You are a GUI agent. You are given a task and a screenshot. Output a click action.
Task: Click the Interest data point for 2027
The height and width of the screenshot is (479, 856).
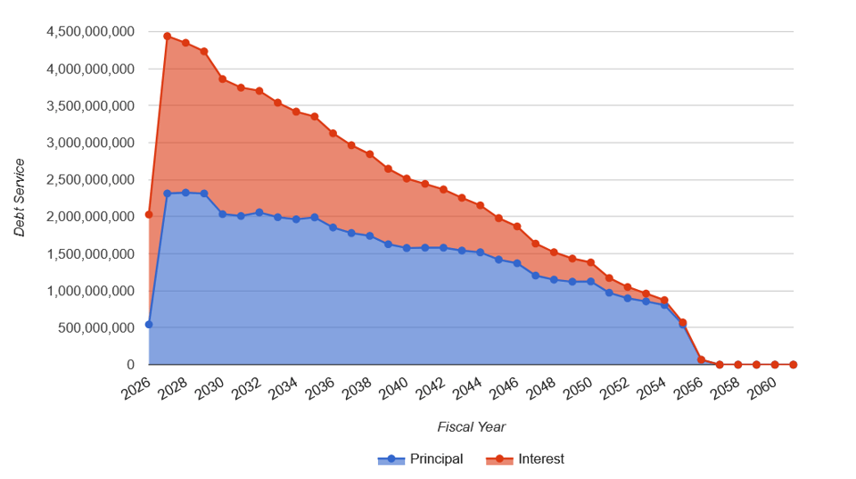[x=167, y=37]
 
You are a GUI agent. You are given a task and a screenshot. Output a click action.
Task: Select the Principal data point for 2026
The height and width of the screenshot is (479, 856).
[x=149, y=325]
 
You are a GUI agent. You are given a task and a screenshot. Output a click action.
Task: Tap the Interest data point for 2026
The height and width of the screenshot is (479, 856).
[x=149, y=214]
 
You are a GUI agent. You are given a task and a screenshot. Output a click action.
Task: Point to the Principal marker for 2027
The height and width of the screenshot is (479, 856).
[x=167, y=194]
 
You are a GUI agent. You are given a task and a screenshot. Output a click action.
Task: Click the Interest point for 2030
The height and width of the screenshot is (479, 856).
[x=222, y=79]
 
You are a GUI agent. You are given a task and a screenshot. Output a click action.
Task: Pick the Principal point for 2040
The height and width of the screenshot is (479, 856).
[x=407, y=248]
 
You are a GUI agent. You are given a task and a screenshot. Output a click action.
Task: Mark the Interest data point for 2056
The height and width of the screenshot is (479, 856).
[x=701, y=359]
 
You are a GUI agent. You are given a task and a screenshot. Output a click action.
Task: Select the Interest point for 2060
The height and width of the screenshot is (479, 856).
[x=775, y=364]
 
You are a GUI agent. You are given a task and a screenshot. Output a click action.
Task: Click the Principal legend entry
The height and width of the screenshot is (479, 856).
[x=421, y=459]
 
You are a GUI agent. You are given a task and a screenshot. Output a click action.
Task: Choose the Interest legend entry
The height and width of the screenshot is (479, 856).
[x=525, y=459]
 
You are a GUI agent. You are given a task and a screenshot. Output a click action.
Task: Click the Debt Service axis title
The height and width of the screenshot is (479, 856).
[x=20, y=197]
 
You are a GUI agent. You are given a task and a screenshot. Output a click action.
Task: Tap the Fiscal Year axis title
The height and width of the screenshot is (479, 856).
[x=471, y=426]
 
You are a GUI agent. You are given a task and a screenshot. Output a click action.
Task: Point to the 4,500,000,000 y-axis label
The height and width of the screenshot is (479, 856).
[x=91, y=32]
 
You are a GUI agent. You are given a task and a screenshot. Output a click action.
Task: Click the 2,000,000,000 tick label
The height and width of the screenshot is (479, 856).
[x=91, y=217]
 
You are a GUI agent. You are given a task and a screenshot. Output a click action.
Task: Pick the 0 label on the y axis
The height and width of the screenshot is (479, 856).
[x=130, y=365]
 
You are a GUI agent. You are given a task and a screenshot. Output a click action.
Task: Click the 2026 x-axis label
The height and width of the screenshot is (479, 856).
[x=135, y=388]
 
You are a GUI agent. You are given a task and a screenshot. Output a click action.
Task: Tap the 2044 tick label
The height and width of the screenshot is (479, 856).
[x=466, y=388]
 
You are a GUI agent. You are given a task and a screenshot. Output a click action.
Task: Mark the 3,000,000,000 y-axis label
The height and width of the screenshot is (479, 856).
[x=91, y=143]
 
